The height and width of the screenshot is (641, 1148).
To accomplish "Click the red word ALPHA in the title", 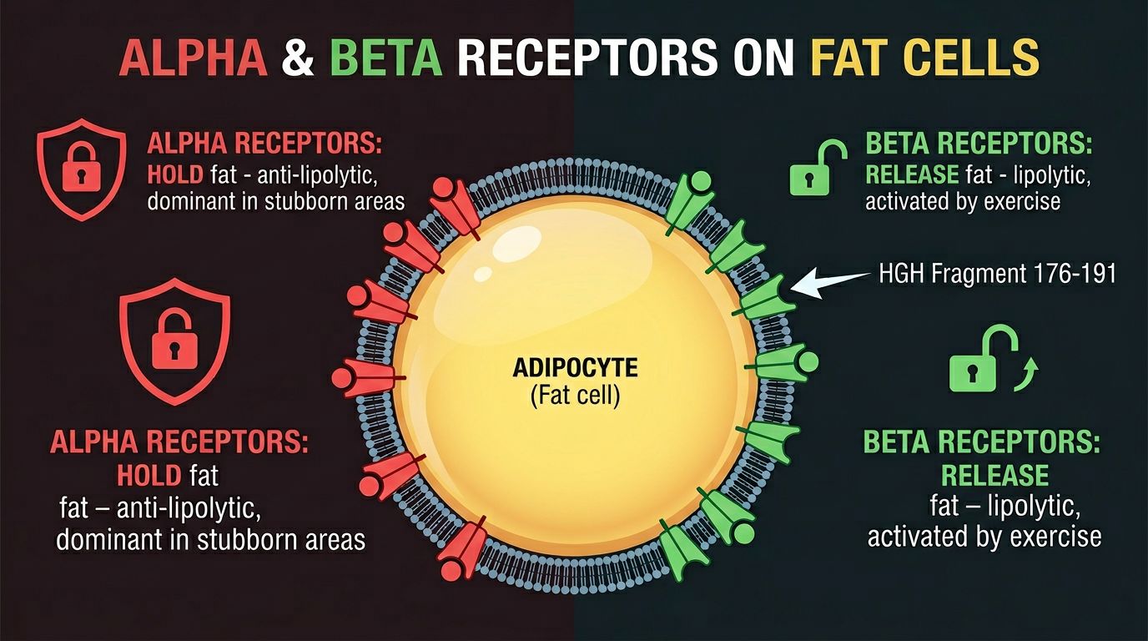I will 193,60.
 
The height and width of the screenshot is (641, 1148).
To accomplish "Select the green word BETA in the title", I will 386,60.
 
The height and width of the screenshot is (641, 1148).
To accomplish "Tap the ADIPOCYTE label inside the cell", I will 576,367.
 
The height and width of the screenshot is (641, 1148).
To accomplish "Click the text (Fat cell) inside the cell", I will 576,394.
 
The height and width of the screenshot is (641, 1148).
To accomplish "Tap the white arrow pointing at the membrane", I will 829,280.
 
